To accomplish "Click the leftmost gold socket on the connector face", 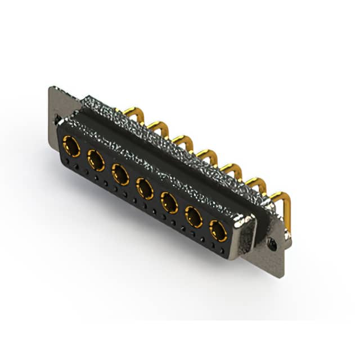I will [x=71, y=147].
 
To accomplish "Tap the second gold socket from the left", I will [x=96, y=161].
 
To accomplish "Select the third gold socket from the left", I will [x=121, y=175].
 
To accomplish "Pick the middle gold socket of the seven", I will [x=145, y=188].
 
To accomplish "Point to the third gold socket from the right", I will [x=169, y=202].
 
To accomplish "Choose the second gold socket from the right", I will [x=194, y=217].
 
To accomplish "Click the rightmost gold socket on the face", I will [x=218, y=231].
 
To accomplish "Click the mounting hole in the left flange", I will [x=57, y=119].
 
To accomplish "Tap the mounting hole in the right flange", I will [x=272, y=245].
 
